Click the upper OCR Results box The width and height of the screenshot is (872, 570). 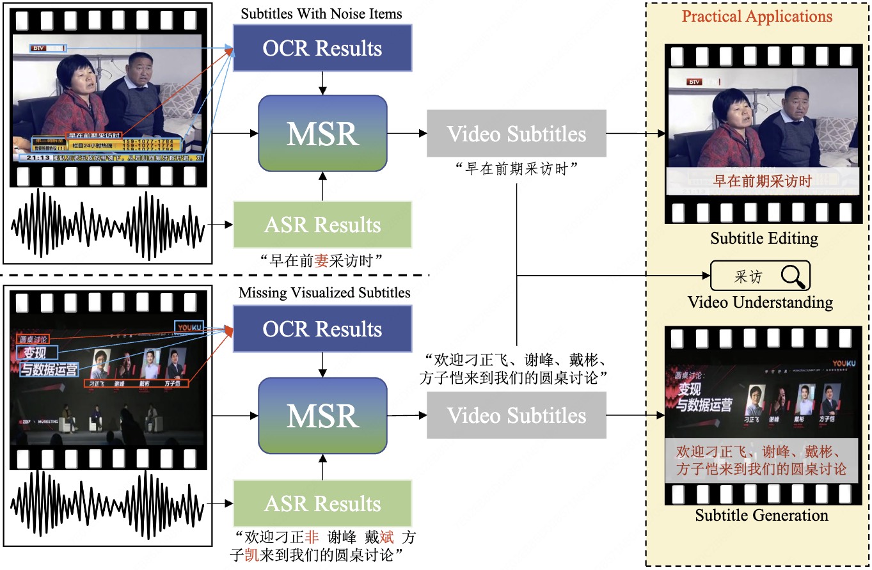322,48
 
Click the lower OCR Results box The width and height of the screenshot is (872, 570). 322,329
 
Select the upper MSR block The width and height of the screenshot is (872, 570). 322,133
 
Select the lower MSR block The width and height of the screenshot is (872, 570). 322,416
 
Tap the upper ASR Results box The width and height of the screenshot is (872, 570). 322,225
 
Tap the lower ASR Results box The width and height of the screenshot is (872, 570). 322,503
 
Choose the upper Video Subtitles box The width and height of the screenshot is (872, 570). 516,134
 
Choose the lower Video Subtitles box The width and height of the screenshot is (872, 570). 516,415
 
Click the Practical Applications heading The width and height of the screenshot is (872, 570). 757,17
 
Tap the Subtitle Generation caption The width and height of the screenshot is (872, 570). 761,516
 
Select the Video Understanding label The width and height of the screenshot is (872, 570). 760,302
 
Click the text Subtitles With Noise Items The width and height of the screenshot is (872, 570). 322,13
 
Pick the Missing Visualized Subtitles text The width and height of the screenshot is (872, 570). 324,293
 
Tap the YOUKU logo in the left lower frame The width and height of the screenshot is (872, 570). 189,326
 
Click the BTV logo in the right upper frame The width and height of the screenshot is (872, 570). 694,82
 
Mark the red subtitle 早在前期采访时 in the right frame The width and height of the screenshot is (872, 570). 762,181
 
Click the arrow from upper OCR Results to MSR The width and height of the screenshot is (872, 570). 322,83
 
